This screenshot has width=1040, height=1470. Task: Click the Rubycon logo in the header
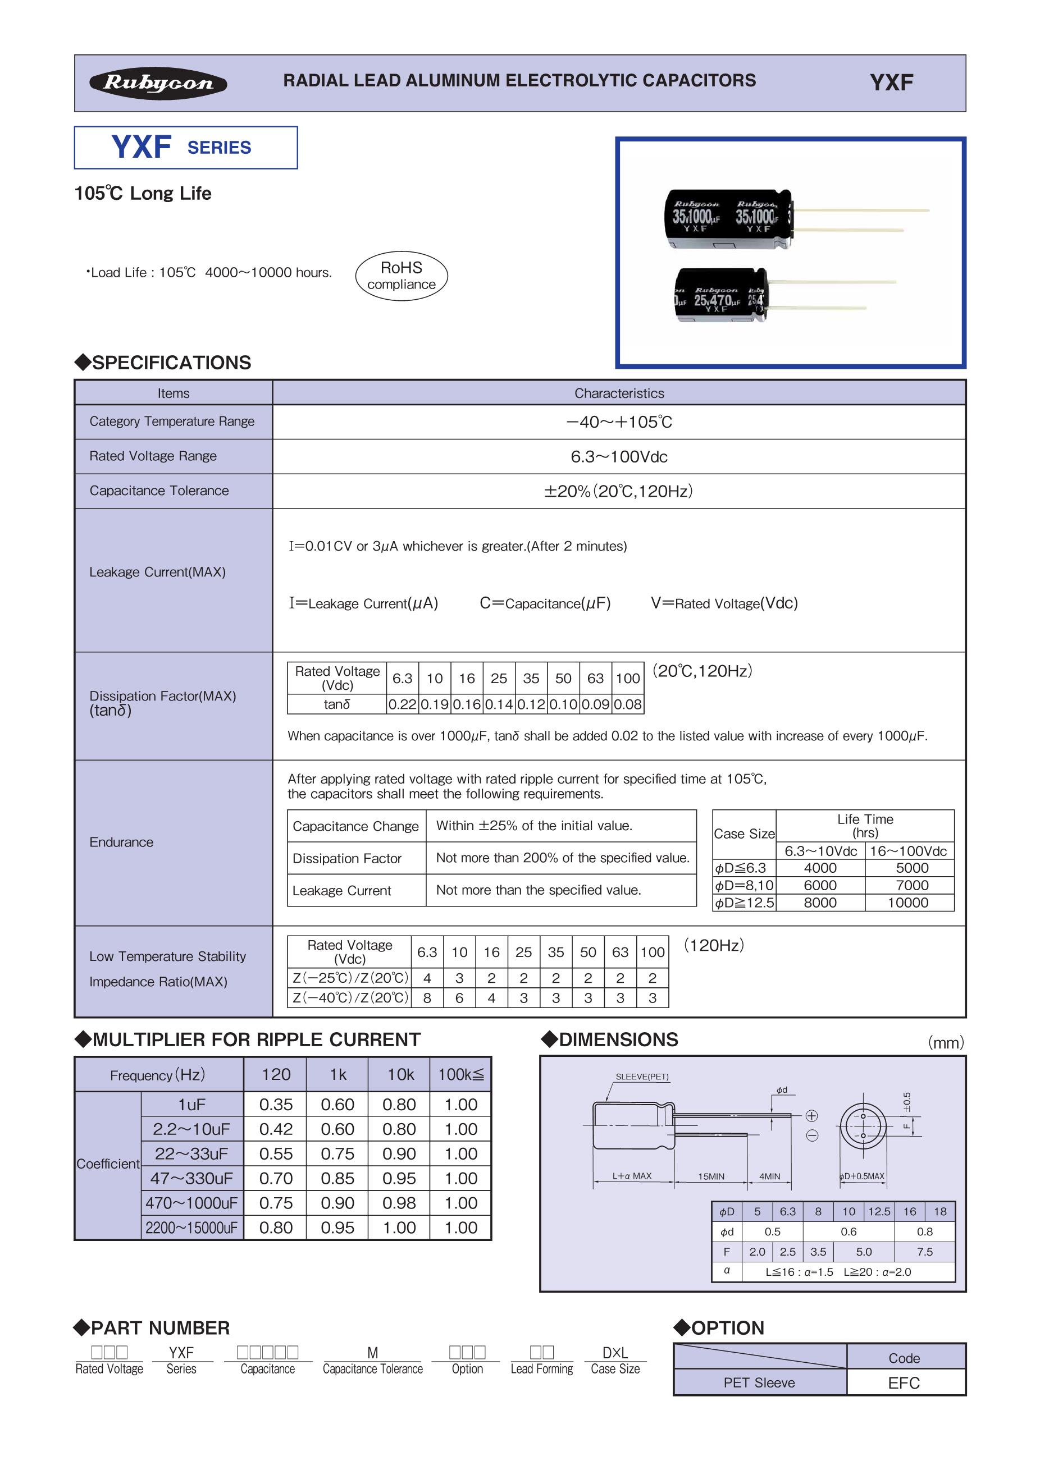[158, 83]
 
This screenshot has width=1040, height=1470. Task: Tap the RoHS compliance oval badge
[402, 276]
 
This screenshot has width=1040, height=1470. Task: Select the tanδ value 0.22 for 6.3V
[402, 704]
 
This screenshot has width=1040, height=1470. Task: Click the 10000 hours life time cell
[908, 903]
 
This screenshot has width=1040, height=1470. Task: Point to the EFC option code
[904, 1383]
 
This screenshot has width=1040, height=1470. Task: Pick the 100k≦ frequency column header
[460, 1074]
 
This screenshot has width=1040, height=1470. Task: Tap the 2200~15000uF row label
[191, 1228]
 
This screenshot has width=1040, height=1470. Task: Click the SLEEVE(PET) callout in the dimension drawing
[642, 1077]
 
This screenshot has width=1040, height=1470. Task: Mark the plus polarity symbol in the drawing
[811, 1116]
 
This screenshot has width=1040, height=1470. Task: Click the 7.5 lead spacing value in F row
[924, 1252]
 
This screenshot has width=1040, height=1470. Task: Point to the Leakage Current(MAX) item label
[158, 572]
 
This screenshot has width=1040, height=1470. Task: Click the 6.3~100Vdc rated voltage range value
[619, 456]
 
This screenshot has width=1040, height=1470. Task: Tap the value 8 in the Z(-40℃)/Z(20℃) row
[427, 997]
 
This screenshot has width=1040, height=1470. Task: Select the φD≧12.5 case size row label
[744, 903]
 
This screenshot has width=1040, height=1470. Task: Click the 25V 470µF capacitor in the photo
[720, 296]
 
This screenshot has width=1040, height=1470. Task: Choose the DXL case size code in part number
[615, 1353]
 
